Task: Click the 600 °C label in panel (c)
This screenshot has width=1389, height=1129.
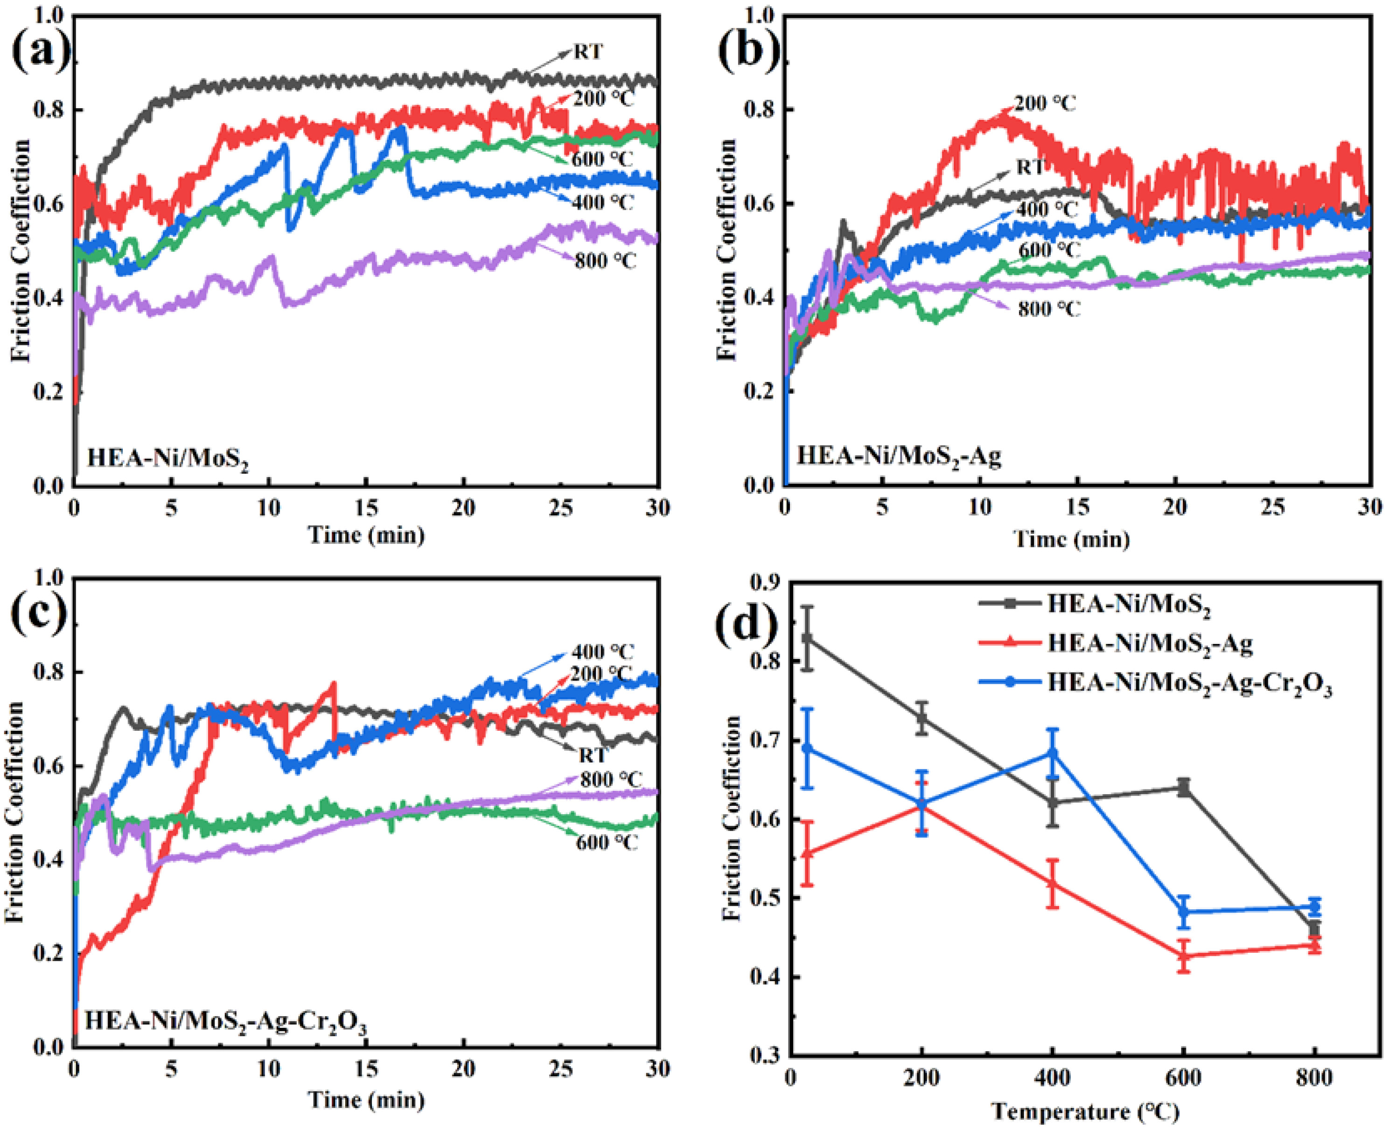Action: click(607, 842)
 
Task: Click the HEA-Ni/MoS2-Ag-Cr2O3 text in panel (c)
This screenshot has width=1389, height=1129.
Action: click(225, 1020)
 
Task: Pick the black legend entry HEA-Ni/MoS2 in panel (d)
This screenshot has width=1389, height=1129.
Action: click(1128, 603)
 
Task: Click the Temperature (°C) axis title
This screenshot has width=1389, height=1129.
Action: click(1085, 1111)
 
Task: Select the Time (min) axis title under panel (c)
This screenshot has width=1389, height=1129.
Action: click(366, 1100)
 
